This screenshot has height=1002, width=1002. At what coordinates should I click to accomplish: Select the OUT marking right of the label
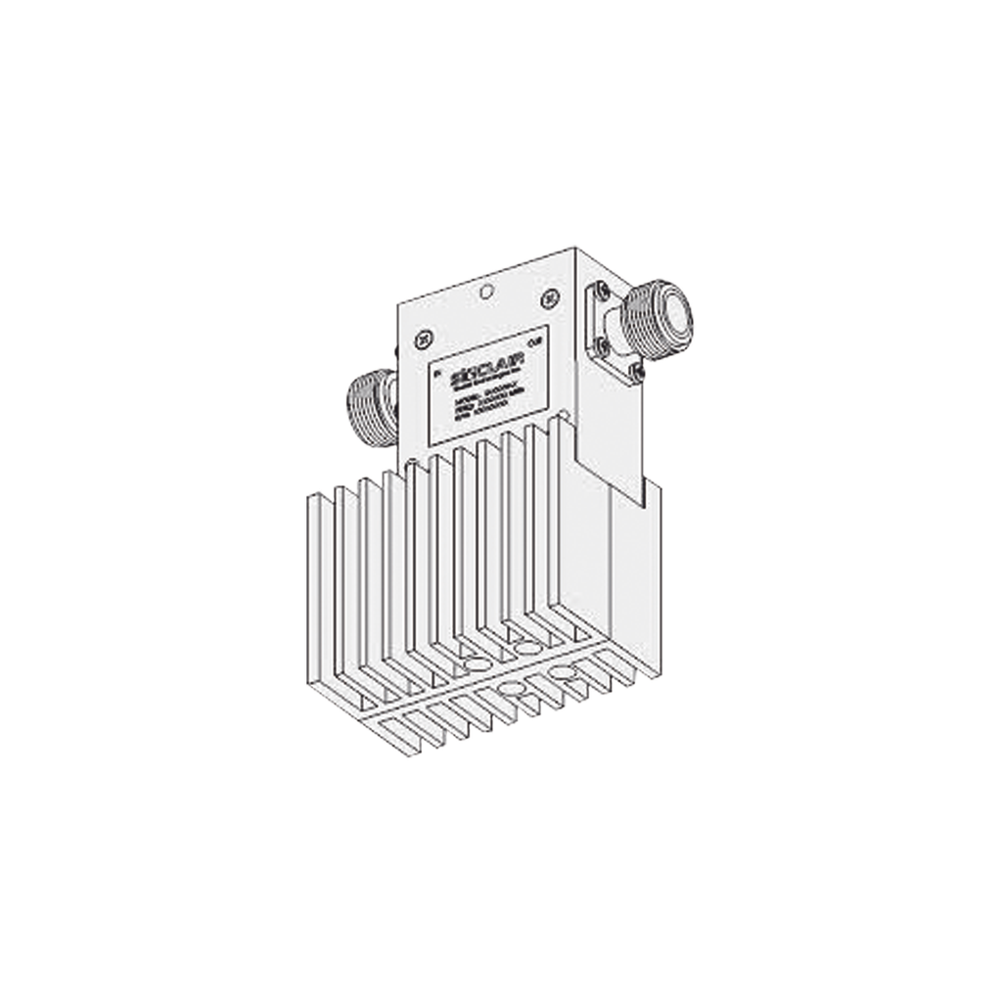[532, 342]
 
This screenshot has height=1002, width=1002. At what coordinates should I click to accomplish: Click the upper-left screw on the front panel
[423, 340]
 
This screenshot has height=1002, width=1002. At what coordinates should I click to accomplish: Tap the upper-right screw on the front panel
[549, 296]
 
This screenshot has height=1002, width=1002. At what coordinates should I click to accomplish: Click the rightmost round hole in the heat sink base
[562, 672]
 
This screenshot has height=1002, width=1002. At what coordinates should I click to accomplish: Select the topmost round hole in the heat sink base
[526, 648]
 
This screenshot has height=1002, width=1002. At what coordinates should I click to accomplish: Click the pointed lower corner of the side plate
[641, 507]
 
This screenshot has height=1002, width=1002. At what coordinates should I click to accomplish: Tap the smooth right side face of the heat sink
[636, 587]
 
